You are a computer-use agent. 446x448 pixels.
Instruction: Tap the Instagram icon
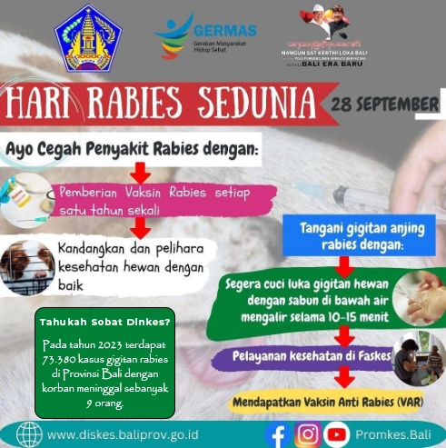[x=308, y=433]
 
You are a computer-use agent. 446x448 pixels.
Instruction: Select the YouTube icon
[x=336, y=433]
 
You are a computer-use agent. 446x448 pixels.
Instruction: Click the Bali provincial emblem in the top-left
[x=87, y=38]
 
